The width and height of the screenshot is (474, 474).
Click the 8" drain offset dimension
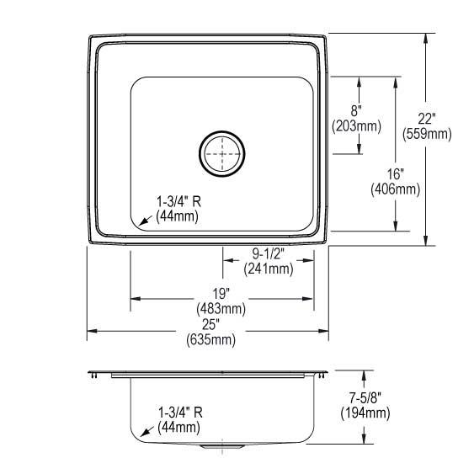tap(357, 111)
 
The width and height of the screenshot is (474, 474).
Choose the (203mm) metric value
tap(357, 126)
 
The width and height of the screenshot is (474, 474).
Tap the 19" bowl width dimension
tap(223, 293)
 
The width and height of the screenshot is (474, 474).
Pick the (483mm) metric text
tap(223, 308)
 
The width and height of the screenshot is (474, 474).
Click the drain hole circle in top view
tap(222, 152)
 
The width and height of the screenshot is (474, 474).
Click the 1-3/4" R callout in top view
tap(180, 201)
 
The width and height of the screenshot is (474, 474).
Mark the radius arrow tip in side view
tap(139, 435)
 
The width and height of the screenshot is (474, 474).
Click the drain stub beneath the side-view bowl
tap(222, 445)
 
